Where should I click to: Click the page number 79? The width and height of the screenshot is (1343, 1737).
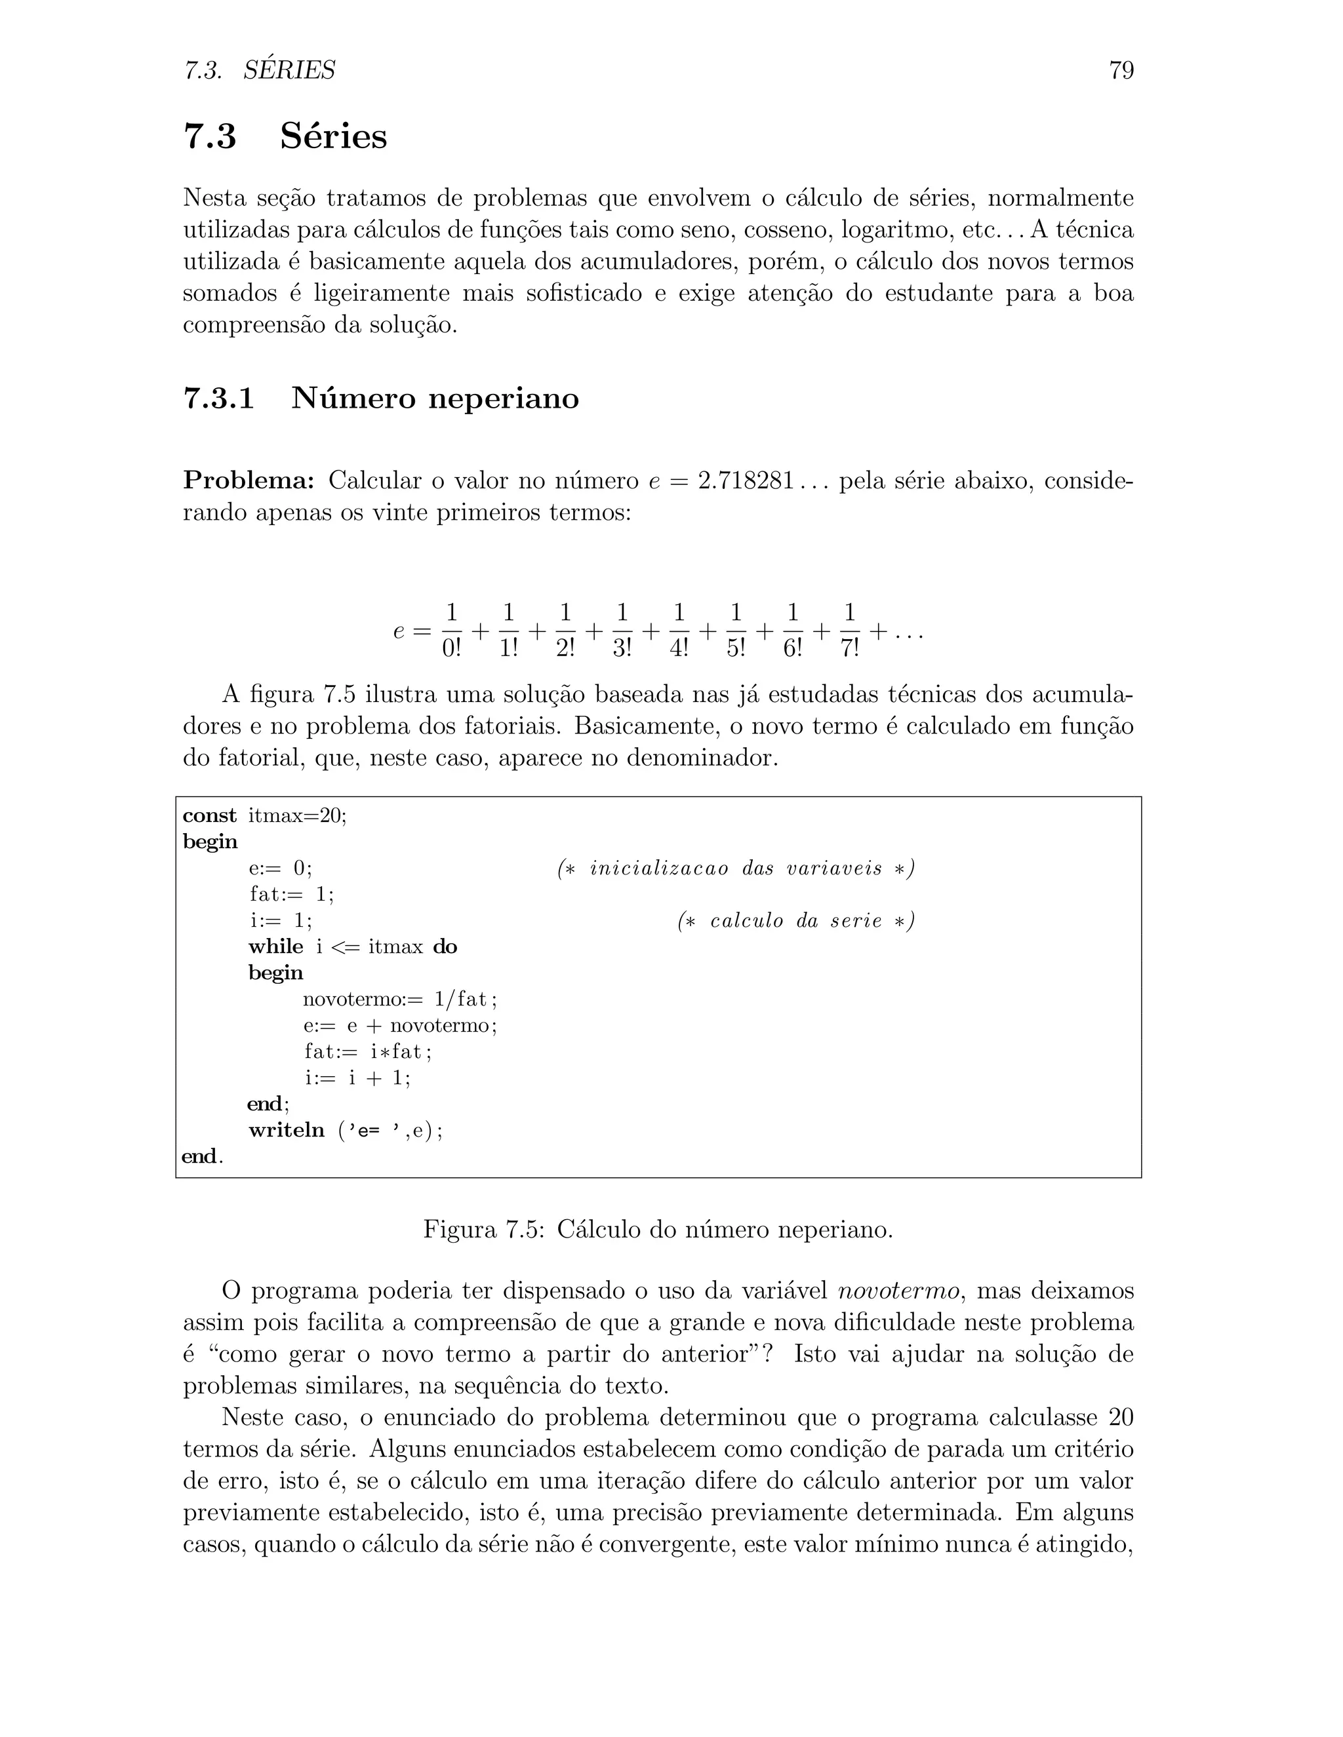pyautogui.click(x=1120, y=71)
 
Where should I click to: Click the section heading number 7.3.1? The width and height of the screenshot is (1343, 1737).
pyautogui.click(x=219, y=398)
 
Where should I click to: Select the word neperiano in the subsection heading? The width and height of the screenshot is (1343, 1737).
pyautogui.click(x=504, y=399)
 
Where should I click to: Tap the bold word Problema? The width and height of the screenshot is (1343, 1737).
pyautogui.click(x=249, y=480)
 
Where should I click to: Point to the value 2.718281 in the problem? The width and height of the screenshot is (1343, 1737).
pyautogui.click(x=746, y=480)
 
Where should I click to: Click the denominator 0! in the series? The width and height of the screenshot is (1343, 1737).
pyautogui.click(x=451, y=648)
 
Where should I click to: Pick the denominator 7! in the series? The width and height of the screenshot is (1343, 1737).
pyautogui.click(x=850, y=648)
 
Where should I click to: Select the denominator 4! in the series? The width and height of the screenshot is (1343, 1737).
pyautogui.click(x=679, y=648)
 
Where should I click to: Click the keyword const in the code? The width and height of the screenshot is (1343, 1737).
pyautogui.click(x=210, y=815)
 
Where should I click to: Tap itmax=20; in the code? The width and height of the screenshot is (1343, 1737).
pyautogui.click(x=298, y=815)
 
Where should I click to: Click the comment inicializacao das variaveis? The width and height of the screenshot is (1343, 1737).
pyautogui.click(x=736, y=869)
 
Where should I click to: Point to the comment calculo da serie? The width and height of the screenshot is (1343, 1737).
pyautogui.click(x=795, y=921)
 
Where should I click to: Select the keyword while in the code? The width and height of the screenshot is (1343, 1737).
pyautogui.click(x=276, y=947)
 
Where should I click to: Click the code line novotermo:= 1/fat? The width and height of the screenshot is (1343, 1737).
pyautogui.click(x=400, y=999)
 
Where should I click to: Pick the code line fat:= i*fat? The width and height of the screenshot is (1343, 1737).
pyautogui.click(x=369, y=1051)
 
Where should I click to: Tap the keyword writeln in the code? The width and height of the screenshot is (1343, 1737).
pyautogui.click(x=287, y=1130)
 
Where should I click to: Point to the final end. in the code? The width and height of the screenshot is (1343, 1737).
pyautogui.click(x=203, y=1156)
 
